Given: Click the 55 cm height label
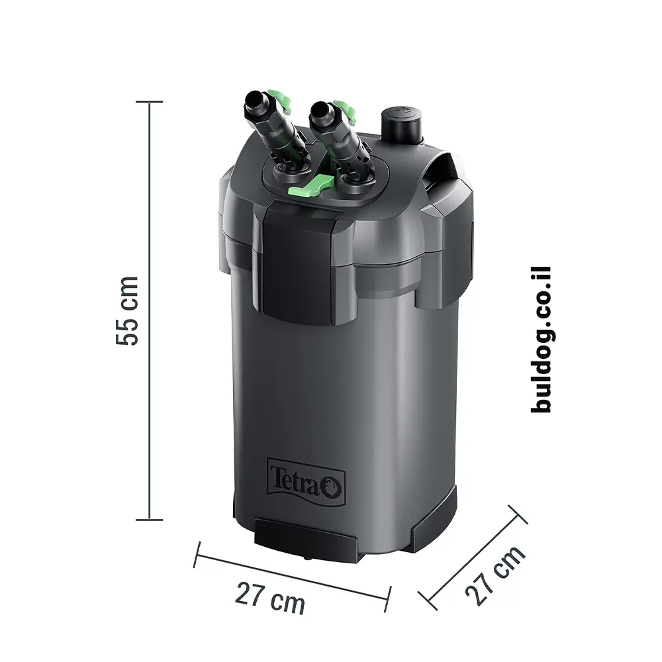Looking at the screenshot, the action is (126, 311).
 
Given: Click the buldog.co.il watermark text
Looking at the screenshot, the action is (542, 340).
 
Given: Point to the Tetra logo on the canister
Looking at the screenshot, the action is (306, 481).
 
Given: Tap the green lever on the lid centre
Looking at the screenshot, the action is (311, 186).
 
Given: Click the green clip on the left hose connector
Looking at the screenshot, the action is (279, 101).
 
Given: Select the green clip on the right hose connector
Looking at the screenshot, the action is (345, 111).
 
